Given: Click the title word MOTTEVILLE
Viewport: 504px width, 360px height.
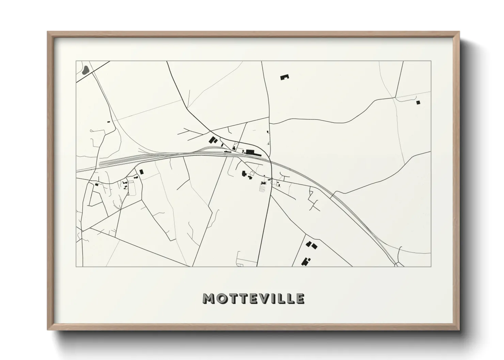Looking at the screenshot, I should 254,298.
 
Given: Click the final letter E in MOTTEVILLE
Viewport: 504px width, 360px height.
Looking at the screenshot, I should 300,298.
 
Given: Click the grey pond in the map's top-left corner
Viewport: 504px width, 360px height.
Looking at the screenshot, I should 85,70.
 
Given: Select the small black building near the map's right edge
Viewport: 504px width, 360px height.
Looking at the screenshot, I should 418,102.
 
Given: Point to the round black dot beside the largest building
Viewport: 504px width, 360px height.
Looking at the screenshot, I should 243,151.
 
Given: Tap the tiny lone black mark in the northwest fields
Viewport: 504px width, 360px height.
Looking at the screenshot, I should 109,121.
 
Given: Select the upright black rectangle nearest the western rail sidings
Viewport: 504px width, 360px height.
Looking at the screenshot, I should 141,172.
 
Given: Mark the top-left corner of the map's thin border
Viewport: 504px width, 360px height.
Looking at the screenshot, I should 76,61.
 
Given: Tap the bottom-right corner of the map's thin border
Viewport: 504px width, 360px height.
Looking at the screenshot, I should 431,266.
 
